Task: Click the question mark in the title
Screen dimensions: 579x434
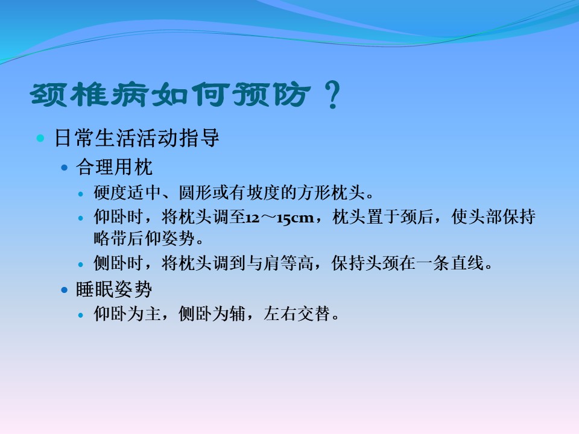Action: point(333,95)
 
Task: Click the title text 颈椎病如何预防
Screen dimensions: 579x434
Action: point(170,95)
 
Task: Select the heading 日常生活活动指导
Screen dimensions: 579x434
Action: point(137,138)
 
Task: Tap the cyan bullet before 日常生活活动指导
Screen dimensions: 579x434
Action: point(40,139)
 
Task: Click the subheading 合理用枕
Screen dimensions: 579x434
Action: point(114,167)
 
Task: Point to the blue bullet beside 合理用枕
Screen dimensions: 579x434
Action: point(65,168)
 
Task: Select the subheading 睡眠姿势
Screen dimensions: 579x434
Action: point(114,289)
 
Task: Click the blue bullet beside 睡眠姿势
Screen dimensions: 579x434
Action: point(65,290)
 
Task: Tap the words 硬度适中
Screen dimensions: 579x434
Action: point(127,193)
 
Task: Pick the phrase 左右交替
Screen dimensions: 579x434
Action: point(297,314)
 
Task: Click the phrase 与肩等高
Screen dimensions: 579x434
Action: point(280,263)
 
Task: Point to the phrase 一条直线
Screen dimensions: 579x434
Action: point(450,263)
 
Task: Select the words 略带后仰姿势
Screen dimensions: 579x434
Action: point(144,239)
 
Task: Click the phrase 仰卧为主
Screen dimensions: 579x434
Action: point(127,314)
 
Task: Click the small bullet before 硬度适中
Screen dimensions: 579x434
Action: point(81,193)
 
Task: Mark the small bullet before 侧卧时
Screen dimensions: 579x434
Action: point(81,265)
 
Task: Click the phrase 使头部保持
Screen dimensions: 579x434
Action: point(493,216)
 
